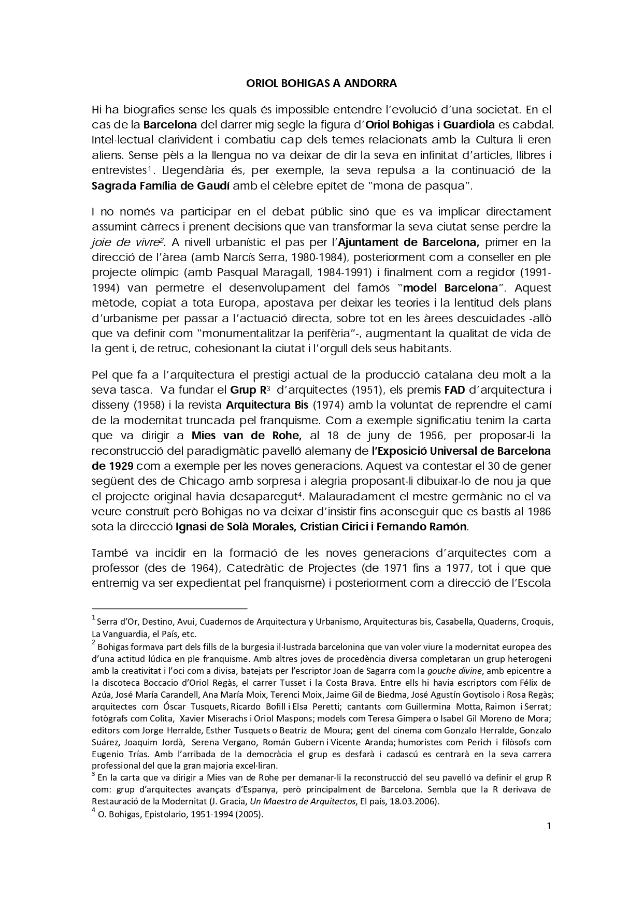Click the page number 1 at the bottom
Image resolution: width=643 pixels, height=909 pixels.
(548, 826)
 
